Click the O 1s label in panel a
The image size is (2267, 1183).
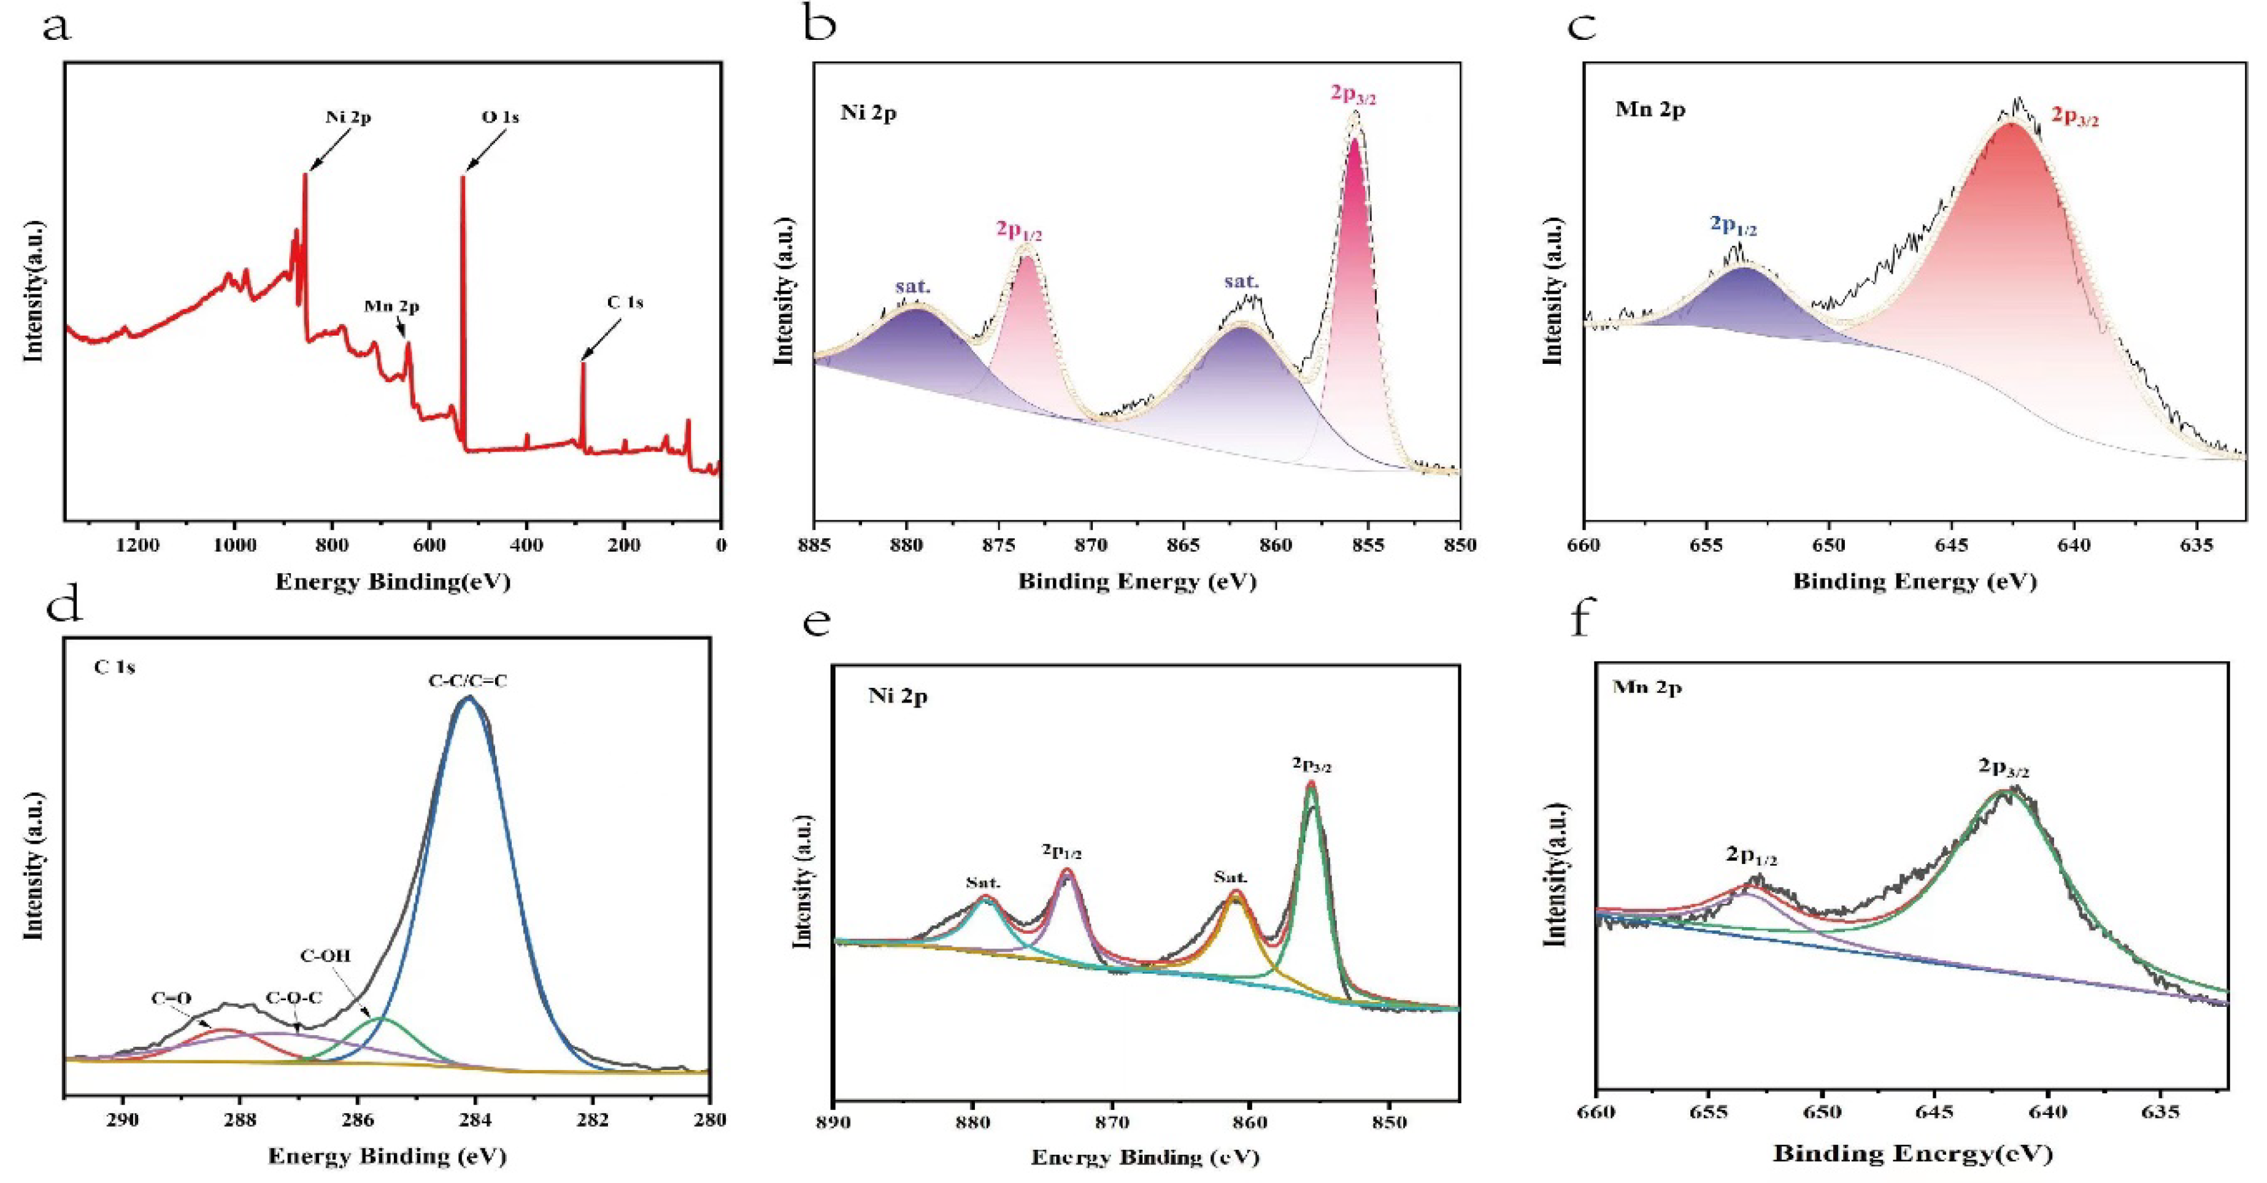click(500, 117)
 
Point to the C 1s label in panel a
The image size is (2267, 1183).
click(625, 302)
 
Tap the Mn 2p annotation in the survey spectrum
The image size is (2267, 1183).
click(391, 307)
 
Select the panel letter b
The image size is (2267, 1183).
click(820, 26)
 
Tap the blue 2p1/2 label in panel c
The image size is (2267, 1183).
click(1733, 225)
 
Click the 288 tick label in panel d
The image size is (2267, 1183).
click(241, 1120)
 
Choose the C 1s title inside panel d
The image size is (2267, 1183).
click(114, 668)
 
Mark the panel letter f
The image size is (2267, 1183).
click(1582, 620)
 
